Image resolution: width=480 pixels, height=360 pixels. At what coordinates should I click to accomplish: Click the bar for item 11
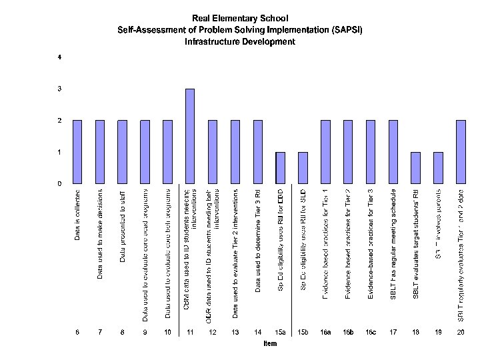[x=190, y=136]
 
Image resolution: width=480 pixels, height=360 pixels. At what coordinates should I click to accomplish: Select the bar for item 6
[x=77, y=151]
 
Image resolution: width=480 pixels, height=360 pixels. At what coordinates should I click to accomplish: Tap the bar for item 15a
[x=281, y=167]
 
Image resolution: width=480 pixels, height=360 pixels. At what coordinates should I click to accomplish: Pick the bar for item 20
[x=461, y=151]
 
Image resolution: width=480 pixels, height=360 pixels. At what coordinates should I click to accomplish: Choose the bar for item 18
[x=416, y=167]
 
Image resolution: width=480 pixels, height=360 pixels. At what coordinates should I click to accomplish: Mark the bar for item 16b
[x=348, y=151]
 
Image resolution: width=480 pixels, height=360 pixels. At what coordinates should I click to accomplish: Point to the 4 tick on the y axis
[x=60, y=57]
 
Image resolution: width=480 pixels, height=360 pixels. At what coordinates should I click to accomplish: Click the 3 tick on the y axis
[x=60, y=89]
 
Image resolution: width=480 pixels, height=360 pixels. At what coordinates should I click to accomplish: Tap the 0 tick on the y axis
[x=60, y=183]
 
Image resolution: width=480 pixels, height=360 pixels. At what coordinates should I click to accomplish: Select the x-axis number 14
[x=258, y=331]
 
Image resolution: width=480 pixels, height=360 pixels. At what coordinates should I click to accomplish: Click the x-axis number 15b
[x=303, y=331]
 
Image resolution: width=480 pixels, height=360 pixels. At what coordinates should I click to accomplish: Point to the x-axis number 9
[x=145, y=331]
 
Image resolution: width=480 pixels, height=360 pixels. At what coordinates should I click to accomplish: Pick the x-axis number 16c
[x=371, y=331]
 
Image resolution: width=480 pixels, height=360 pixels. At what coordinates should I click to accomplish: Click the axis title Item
[x=269, y=344]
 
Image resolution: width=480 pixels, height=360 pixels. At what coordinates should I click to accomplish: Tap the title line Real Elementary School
[x=240, y=18]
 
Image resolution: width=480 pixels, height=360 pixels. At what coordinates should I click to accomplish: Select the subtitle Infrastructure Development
[x=240, y=41]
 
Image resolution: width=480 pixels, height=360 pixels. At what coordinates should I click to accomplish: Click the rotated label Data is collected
[x=78, y=215]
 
